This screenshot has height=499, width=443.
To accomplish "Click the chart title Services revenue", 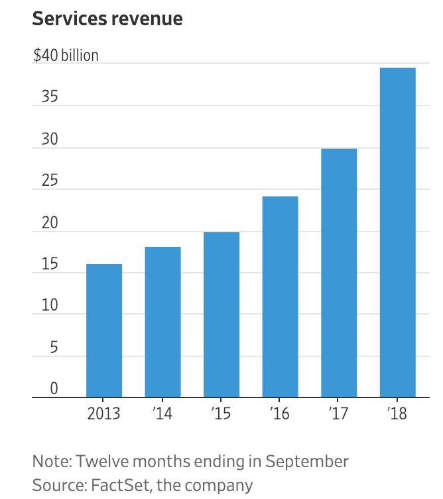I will click(x=107, y=19).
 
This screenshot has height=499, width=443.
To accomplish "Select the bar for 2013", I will click(x=104, y=330).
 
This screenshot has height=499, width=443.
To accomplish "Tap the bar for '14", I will click(x=162, y=322).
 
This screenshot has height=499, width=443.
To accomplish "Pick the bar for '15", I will click(x=221, y=315).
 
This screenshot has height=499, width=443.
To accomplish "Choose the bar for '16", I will click(x=280, y=297).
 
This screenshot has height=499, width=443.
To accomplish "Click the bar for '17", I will click(x=339, y=273).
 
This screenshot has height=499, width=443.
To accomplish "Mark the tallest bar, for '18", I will click(x=397, y=232).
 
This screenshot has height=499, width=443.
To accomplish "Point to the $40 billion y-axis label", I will click(x=66, y=55).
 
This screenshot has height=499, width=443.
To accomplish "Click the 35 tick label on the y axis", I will click(x=46, y=97).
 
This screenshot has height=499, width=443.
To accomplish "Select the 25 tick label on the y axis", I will click(x=46, y=180).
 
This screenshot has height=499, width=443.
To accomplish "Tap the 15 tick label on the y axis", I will click(x=46, y=264).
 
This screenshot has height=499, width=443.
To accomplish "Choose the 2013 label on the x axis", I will click(x=104, y=414).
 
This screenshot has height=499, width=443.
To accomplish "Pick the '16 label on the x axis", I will click(x=280, y=414).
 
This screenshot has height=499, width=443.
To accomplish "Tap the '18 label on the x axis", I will click(x=397, y=414).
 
